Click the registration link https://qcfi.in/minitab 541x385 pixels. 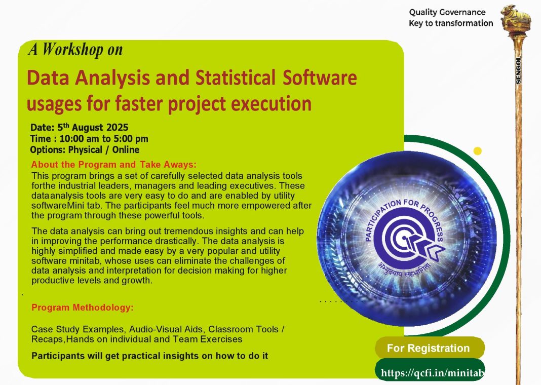pos(432,372)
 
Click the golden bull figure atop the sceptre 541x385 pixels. pos(516,19)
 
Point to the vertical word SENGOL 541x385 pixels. pos(518,70)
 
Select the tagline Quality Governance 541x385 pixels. pos(447,13)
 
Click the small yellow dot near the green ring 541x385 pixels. pos(478,151)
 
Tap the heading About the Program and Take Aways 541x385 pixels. pos(114,165)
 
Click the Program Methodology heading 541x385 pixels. pos(83,307)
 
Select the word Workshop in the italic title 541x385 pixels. pos(72,49)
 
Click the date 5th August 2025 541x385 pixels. pos(93,127)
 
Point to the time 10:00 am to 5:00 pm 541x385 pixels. pos(104,139)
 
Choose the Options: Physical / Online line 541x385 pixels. pos(85,150)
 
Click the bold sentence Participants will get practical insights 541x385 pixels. pos(150,356)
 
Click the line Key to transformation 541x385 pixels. pos(451,23)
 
